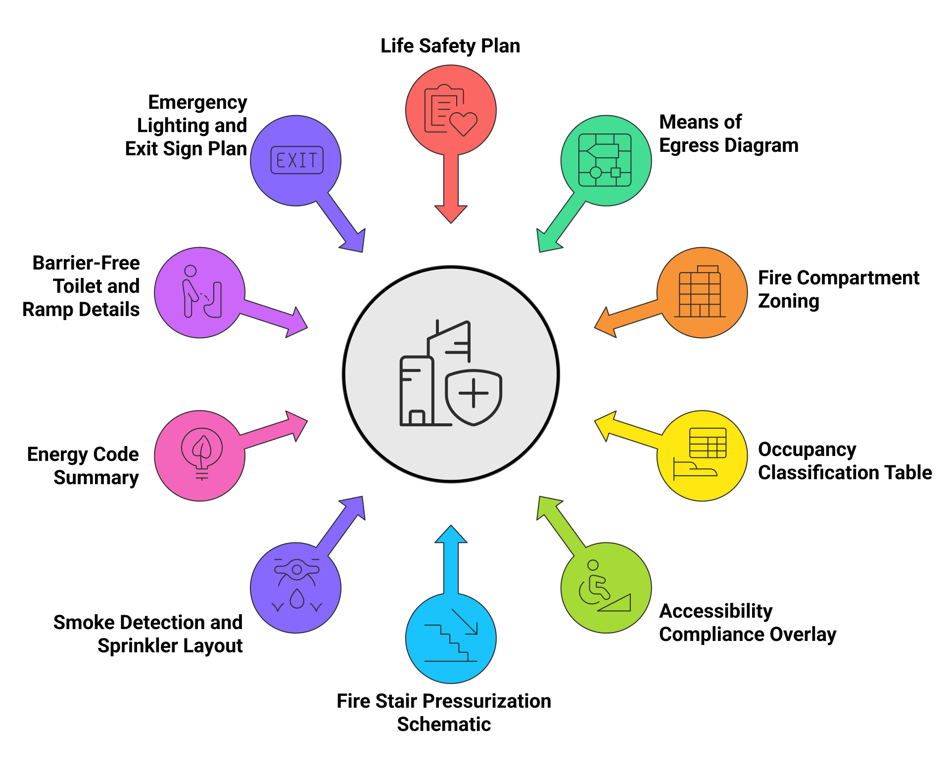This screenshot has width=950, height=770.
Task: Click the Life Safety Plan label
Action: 450,46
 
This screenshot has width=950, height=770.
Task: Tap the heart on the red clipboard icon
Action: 463,123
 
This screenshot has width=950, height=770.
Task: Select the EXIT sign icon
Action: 297,160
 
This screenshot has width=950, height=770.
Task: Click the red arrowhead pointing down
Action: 451,214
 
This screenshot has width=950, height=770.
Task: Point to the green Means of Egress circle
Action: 606,160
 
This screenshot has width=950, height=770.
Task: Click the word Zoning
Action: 788,301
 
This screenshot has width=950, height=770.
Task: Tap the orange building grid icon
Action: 700,293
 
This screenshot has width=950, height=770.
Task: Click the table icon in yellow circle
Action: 708,443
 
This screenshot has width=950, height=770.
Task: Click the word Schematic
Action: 444,725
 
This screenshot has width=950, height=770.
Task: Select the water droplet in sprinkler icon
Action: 296,599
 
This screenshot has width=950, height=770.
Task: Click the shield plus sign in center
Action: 474,394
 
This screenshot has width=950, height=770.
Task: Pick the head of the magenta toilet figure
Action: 190,271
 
